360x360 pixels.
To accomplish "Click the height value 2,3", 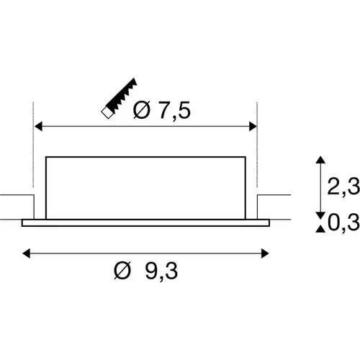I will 343,186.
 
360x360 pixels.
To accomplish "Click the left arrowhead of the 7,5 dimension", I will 39,127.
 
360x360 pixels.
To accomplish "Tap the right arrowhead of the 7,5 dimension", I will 253,127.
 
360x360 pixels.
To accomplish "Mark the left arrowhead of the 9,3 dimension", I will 27,252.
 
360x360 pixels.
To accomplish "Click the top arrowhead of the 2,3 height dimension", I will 318,160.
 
